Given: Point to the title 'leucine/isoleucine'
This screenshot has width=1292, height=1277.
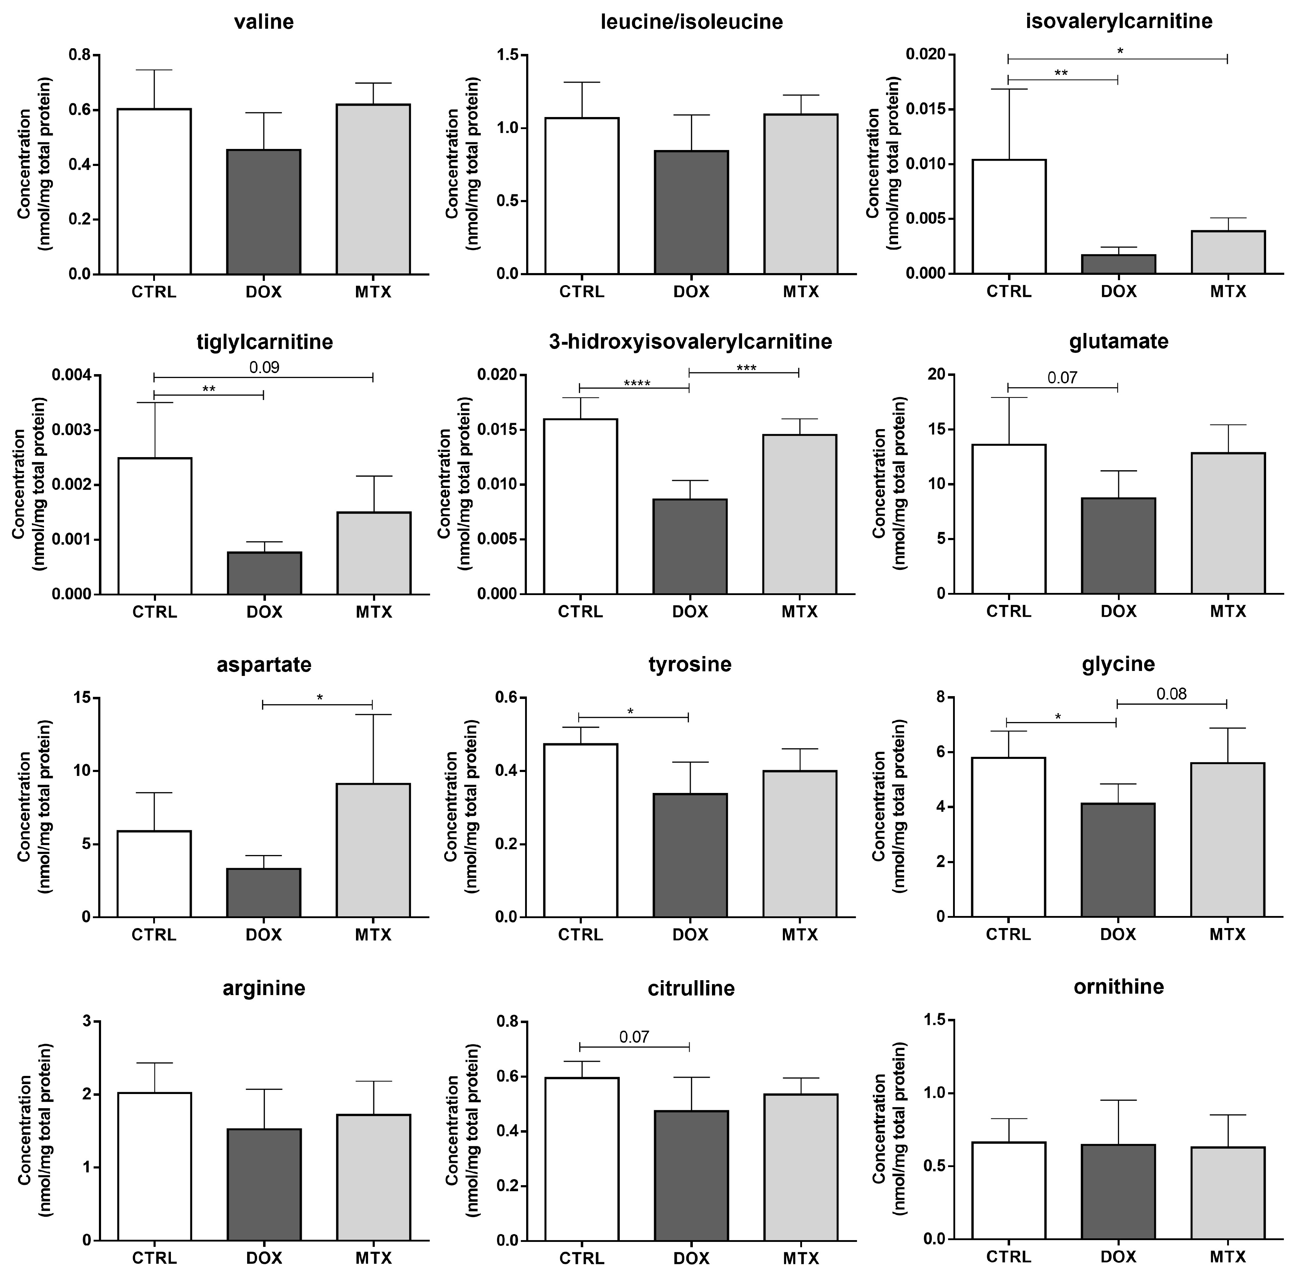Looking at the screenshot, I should tap(691, 22).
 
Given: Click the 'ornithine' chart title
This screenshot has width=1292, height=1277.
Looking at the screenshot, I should tap(1118, 987).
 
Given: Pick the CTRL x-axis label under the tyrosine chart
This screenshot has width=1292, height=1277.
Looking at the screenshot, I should tap(580, 934).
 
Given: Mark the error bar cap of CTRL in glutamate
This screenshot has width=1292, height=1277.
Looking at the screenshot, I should tap(1008, 398).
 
